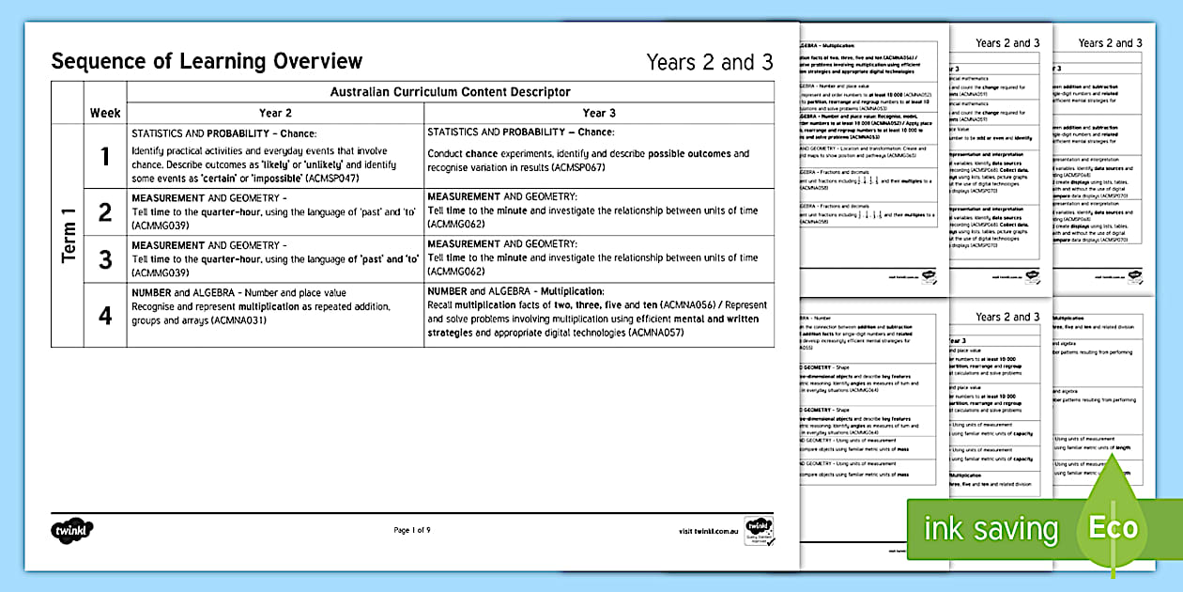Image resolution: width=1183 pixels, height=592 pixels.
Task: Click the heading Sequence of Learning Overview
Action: point(207,62)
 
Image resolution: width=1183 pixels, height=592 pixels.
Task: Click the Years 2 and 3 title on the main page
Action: point(709,63)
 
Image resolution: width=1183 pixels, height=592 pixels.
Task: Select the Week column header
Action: point(105,113)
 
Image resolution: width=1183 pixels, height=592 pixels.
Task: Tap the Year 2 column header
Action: point(275,113)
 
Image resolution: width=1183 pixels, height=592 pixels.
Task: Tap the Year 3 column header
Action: point(599,113)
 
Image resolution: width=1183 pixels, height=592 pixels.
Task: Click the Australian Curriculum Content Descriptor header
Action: point(450,92)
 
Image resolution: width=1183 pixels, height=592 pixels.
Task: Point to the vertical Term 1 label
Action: point(69,235)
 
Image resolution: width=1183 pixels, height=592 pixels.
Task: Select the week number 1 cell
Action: point(105,156)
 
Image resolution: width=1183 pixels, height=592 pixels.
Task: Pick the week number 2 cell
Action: point(105,212)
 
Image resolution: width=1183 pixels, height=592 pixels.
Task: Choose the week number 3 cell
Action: point(105,258)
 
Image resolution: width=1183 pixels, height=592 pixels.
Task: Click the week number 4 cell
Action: point(105,314)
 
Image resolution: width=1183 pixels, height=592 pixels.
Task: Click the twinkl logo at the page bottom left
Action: point(72,530)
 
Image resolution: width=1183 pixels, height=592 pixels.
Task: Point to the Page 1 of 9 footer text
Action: point(412,531)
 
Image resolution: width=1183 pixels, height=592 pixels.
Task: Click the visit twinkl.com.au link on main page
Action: point(708,531)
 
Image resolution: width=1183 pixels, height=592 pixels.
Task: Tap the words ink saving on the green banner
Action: point(991,529)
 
